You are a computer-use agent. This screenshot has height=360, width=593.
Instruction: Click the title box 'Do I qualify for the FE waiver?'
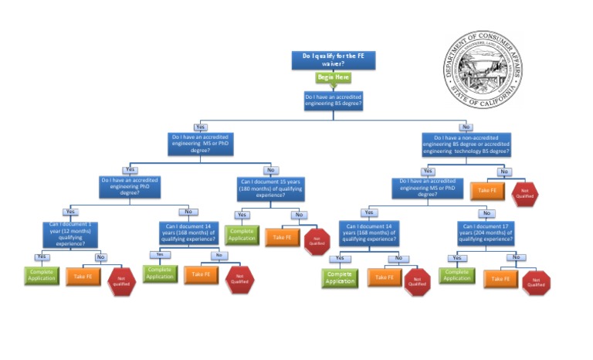[333, 60]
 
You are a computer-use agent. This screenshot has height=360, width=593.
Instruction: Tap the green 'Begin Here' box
[334, 78]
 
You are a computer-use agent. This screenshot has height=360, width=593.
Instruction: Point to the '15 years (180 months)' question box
[270, 189]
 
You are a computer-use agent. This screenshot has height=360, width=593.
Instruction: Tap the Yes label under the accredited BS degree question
[201, 127]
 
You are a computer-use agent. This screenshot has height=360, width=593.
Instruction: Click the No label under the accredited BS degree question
[465, 127]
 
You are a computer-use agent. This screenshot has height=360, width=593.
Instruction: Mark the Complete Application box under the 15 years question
[242, 235]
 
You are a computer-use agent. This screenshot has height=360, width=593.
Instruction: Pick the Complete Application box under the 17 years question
[456, 275]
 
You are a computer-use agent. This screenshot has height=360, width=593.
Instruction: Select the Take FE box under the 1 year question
[83, 275]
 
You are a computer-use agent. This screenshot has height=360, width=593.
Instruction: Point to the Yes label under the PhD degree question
[70, 211]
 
